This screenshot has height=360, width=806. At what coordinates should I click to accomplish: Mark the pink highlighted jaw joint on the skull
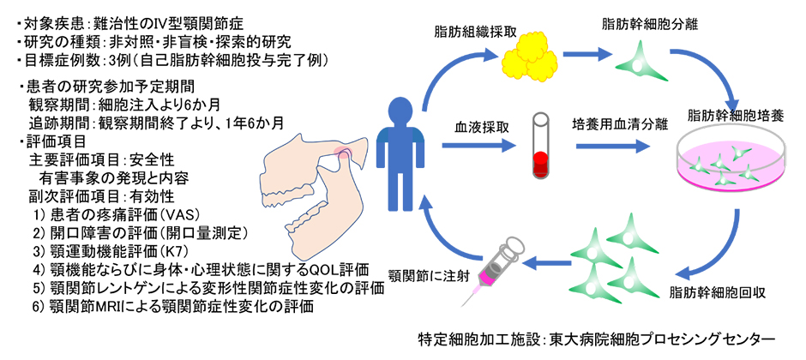345,153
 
